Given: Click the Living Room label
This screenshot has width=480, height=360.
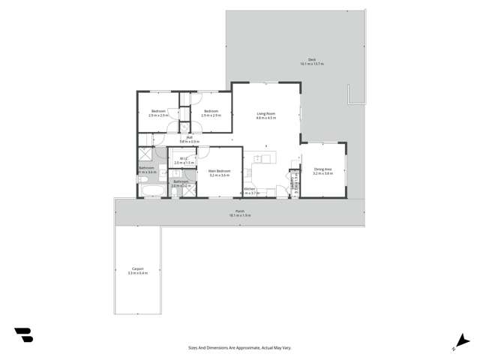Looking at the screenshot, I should click(266, 113).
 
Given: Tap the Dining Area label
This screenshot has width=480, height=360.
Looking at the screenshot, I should click(322, 169).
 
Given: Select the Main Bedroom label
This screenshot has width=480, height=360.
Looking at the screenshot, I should click(219, 170).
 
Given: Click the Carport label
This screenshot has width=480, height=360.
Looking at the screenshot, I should click(137, 268).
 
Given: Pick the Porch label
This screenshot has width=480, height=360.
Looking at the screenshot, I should click(240, 211).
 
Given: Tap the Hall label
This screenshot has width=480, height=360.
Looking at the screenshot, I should click(191, 136).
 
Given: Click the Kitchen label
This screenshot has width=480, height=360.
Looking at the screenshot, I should click(249, 188).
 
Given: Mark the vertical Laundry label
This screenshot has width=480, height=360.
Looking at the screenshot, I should click(295, 184).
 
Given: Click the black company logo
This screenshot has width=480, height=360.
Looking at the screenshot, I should click(23, 334).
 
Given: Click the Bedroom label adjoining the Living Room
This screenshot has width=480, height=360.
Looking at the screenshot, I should click(210, 111).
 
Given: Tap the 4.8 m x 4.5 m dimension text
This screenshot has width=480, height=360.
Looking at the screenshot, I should click(266, 118).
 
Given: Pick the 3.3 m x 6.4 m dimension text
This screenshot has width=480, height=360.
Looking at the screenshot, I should click(137, 272).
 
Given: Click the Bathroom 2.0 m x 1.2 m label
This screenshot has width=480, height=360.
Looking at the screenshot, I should click(181, 184).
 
